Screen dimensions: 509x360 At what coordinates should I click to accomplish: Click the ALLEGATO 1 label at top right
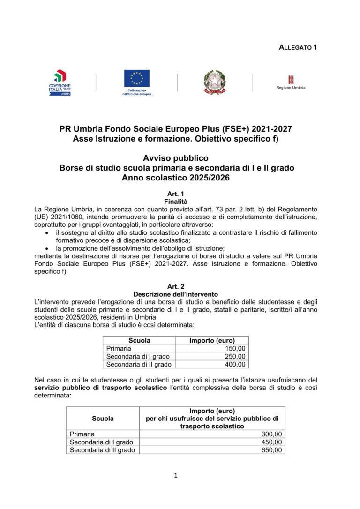tap(298, 47)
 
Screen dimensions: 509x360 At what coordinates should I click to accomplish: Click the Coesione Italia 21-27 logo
tap(60, 83)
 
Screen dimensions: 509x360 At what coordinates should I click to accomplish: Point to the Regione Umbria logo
tap(291, 82)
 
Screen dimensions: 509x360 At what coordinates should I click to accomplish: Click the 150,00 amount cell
tap(235, 349)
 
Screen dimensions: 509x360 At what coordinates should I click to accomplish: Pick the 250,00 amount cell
tap(235, 357)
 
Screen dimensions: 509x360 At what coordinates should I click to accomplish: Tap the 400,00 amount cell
tap(235, 364)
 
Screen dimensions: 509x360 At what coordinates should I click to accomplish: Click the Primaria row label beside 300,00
tap(82, 434)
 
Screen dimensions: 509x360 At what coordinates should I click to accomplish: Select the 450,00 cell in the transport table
tap(272, 442)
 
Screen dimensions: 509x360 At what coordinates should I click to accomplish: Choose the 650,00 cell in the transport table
tap(272, 450)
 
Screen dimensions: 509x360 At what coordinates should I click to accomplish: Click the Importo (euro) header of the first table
tap(212, 341)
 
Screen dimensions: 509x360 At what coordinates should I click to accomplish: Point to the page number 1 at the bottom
tap(176, 476)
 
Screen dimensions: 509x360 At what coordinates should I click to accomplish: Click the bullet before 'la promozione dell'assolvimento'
tap(47, 248)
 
